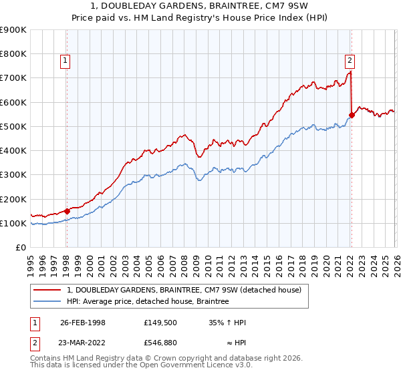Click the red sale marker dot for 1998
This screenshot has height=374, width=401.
pyautogui.click(x=68, y=211)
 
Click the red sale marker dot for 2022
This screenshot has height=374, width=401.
pyautogui.click(x=352, y=115)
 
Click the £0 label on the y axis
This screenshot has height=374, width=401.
pyautogui.click(x=20, y=248)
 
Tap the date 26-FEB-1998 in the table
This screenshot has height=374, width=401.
pyautogui.click(x=83, y=323)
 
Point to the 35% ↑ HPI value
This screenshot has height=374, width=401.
pyautogui.click(x=227, y=323)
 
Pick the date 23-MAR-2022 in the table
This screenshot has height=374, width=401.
pyautogui.click(x=83, y=343)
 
